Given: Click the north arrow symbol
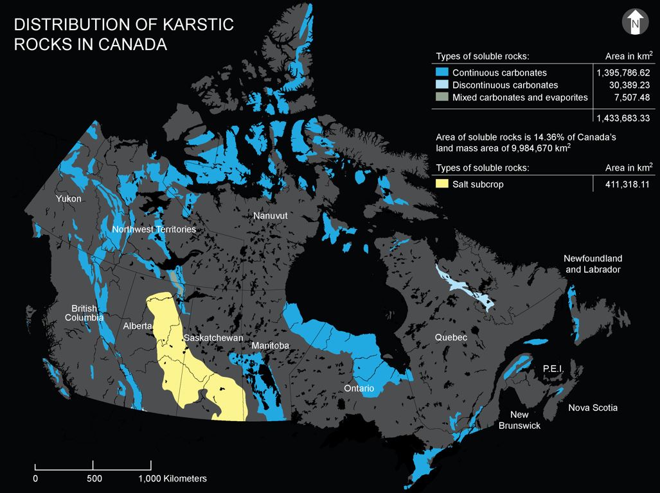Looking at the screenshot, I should (x=634, y=22).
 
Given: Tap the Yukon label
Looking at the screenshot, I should (x=69, y=198).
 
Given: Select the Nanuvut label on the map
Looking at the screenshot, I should (x=270, y=216).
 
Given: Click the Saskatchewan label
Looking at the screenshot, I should (x=213, y=338).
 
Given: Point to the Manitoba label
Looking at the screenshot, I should (x=271, y=346).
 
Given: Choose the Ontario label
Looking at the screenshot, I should (x=359, y=388).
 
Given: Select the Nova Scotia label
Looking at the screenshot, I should (x=593, y=408).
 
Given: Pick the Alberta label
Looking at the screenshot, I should (x=138, y=326).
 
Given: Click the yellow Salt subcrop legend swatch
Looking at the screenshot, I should (x=441, y=184).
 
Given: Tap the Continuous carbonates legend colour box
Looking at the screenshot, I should (x=441, y=73).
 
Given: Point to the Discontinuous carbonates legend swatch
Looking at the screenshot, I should (x=441, y=85).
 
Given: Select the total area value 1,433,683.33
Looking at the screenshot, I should (x=623, y=118).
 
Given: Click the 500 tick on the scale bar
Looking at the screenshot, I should (x=94, y=478).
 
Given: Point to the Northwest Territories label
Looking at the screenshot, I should (x=154, y=229).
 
